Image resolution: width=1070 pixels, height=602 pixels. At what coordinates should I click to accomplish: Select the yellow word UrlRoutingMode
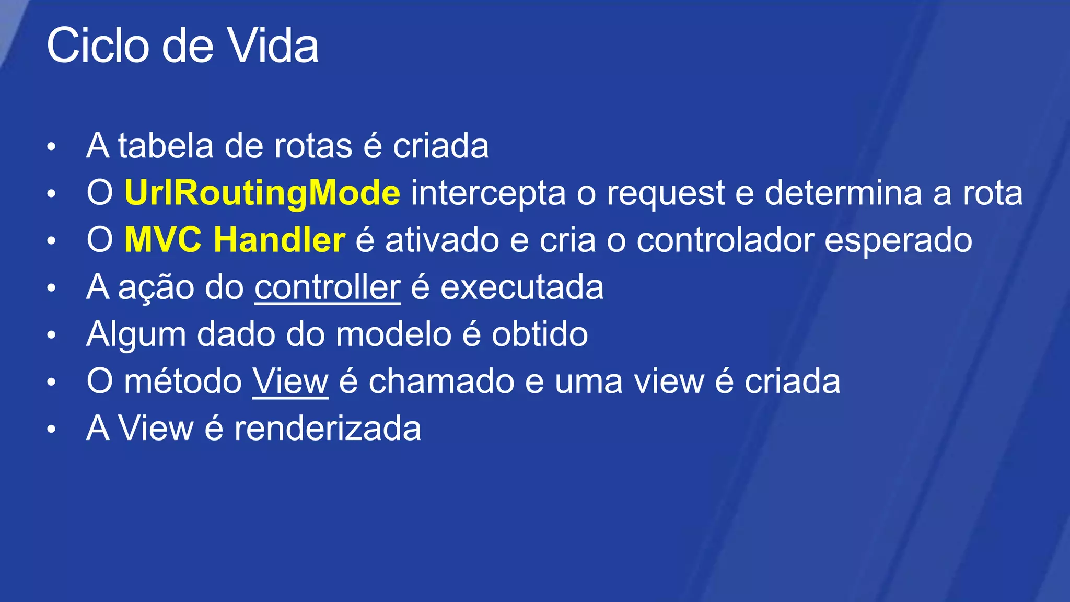pyautogui.click(x=262, y=193)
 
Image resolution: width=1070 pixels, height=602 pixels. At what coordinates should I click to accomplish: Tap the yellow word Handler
pyautogui.click(x=280, y=240)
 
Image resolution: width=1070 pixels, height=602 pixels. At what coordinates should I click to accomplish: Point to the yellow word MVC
pyautogui.click(x=162, y=240)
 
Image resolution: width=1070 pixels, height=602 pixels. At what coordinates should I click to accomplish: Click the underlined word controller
pyautogui.click(x=328, y=287)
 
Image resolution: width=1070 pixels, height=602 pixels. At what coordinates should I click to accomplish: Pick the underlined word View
pyautogui.click(x=290, y=381)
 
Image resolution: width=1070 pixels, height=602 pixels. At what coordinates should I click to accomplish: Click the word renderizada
pyautogui.click(x=327, y=429)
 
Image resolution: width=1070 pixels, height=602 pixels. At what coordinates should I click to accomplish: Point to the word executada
pyautogui.click(x=522, y=287)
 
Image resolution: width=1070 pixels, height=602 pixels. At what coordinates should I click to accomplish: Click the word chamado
pyautogui.click(x=441, y=381)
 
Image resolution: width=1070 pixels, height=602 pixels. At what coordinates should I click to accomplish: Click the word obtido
pyautogui.click(x=540, y=334)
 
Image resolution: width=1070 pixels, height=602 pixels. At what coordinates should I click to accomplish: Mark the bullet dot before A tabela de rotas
pyautogui.click(x=51, y=147)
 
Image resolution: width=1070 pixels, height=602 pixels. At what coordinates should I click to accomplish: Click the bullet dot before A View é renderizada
pyautogui.click(x=51, y=430)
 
